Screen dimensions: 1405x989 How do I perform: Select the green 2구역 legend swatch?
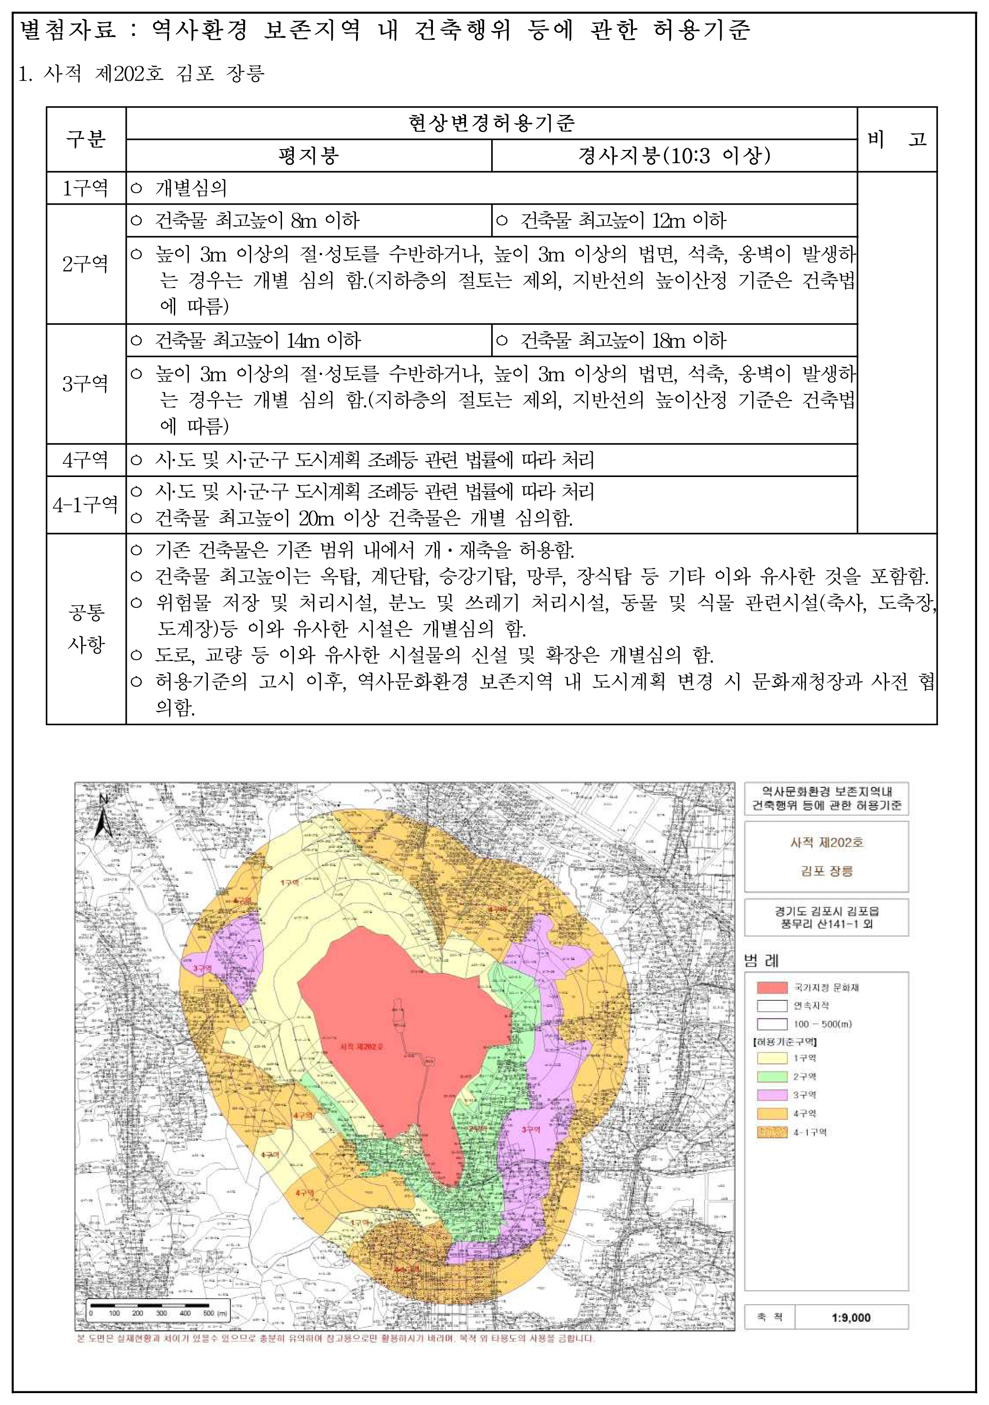tap(772, 1076)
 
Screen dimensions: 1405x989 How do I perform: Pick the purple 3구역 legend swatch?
tap(772, 1094)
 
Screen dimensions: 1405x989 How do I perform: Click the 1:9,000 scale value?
tap(851, 1318)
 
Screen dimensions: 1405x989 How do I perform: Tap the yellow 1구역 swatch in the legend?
tap(772, 1057)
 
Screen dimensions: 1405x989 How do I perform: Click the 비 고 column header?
tap(897, 139)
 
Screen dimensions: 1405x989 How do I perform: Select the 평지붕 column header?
tap(308, 155)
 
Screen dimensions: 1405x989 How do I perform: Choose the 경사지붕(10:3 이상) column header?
tap(674, 155)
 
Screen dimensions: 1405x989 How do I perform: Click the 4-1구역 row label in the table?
tap(86, 505)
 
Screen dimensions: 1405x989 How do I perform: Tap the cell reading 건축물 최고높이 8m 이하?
tap(257, 220)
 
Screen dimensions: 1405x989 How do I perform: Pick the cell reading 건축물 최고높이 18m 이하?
tap(623, 340)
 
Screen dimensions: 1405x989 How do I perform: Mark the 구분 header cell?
tap(86, 139)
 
